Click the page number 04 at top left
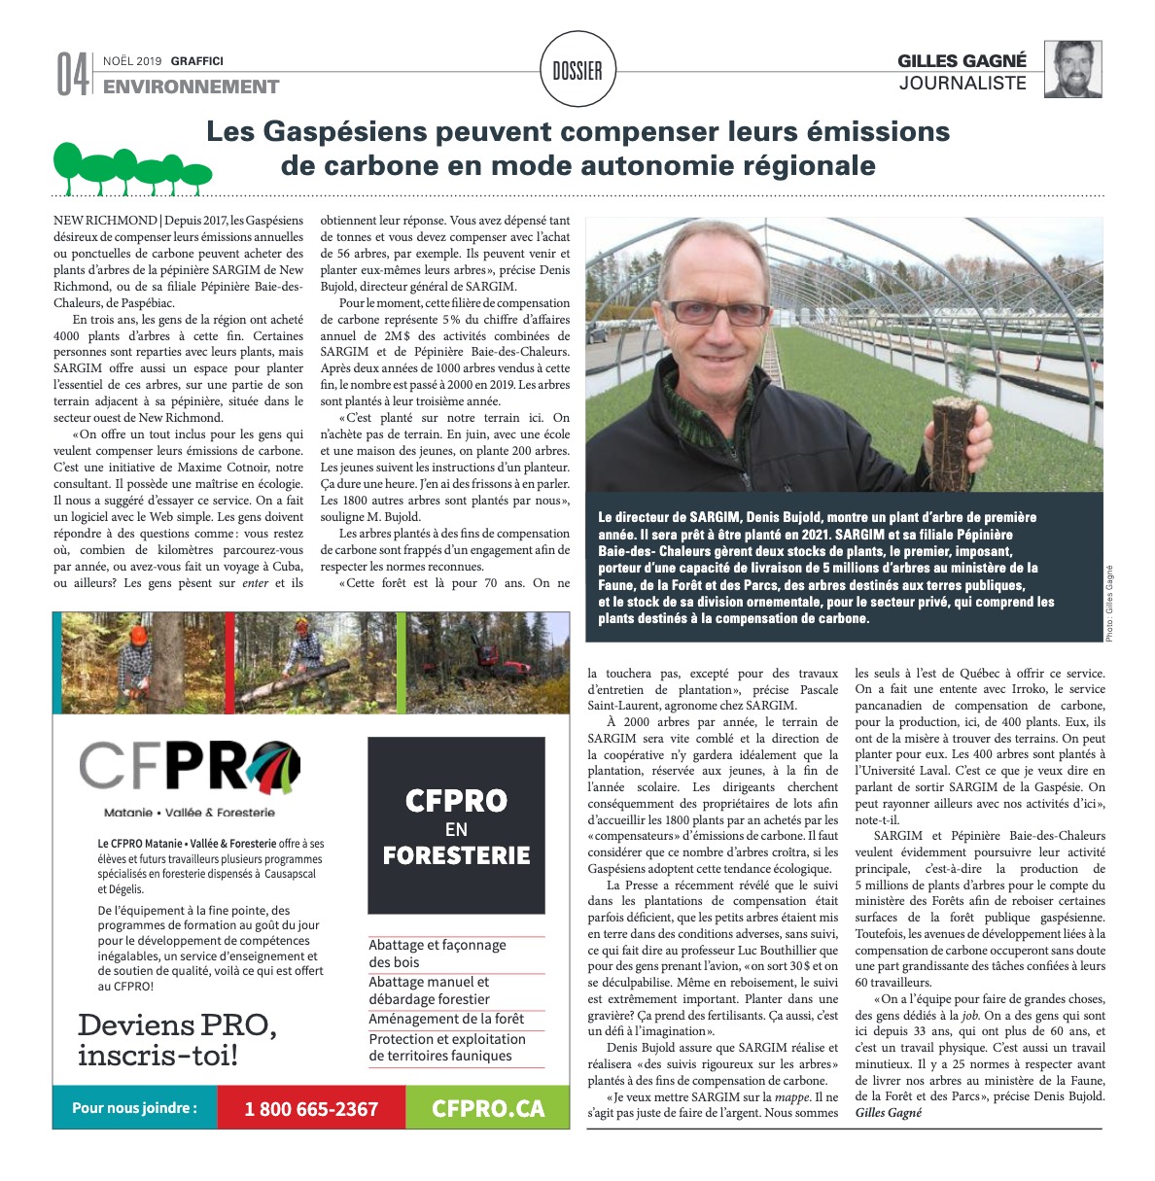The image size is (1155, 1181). point(72,75)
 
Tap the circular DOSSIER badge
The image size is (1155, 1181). point(577,70)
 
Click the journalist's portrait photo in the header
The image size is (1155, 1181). point(1072,69)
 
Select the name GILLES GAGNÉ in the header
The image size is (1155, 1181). point(962,61)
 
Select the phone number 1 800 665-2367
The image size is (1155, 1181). point(311,1108)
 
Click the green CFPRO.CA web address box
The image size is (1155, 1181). point(487,1108)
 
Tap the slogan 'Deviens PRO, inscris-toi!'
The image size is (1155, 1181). point(177,1039)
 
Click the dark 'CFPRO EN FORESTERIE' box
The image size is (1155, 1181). point(456,826)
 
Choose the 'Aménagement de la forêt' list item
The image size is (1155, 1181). point(446,1019)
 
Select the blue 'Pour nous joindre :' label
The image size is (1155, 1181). point(134,1108)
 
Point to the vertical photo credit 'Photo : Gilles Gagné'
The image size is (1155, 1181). point(1111,603)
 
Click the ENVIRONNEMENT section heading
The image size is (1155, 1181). point(191,87)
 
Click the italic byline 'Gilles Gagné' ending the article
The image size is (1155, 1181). point(888,1113)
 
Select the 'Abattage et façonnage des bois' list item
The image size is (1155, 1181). point(437,953)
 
